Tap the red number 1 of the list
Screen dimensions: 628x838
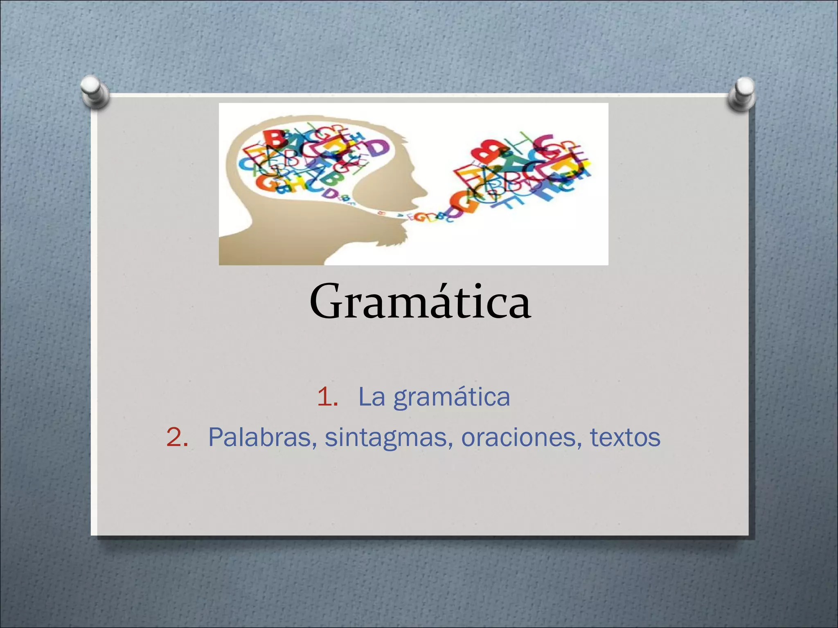coord(327,397)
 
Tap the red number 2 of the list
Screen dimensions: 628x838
coord(177,437)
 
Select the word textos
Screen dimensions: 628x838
coord(625,437)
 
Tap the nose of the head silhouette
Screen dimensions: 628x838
coord(426,192)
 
